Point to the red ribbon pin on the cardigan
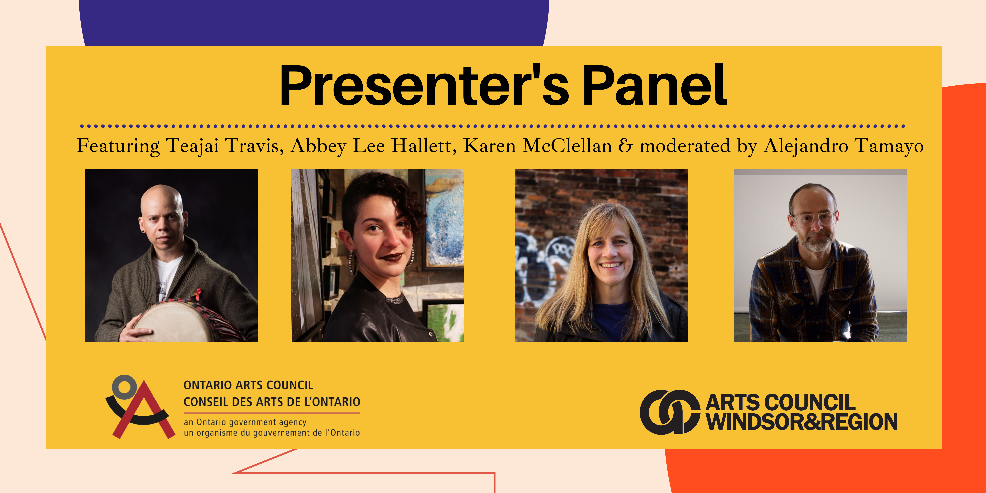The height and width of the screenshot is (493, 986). (x=197, y=294)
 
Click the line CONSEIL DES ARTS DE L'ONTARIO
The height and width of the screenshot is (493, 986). (x=272, y=402)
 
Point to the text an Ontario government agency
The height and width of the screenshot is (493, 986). (x=245, y=422)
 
